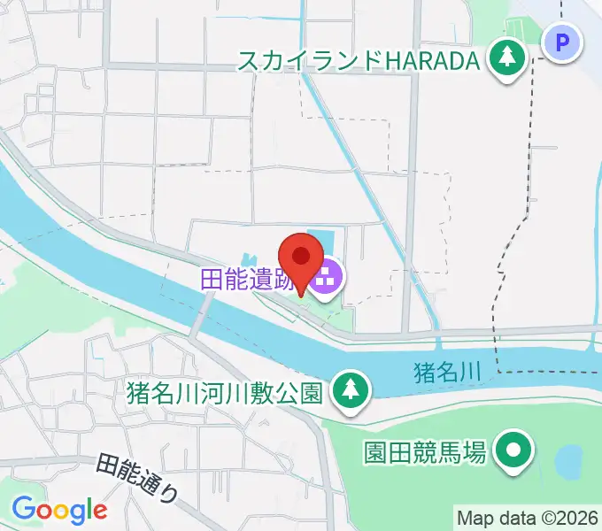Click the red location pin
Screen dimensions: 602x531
point(302,258)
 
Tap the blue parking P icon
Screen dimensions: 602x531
point(560,42)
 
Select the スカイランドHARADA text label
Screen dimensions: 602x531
point(359,60)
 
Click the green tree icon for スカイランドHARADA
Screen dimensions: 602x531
point(507,59)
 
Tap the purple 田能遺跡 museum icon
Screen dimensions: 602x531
point(326,278)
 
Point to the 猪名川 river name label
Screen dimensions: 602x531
point(446,373)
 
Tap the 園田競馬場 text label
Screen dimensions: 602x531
point(425,453)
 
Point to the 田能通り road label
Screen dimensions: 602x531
point(137,478)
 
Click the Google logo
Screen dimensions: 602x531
point(59,509)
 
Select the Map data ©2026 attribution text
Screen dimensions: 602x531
point(528,518)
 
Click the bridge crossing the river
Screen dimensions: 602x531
point(202,314)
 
